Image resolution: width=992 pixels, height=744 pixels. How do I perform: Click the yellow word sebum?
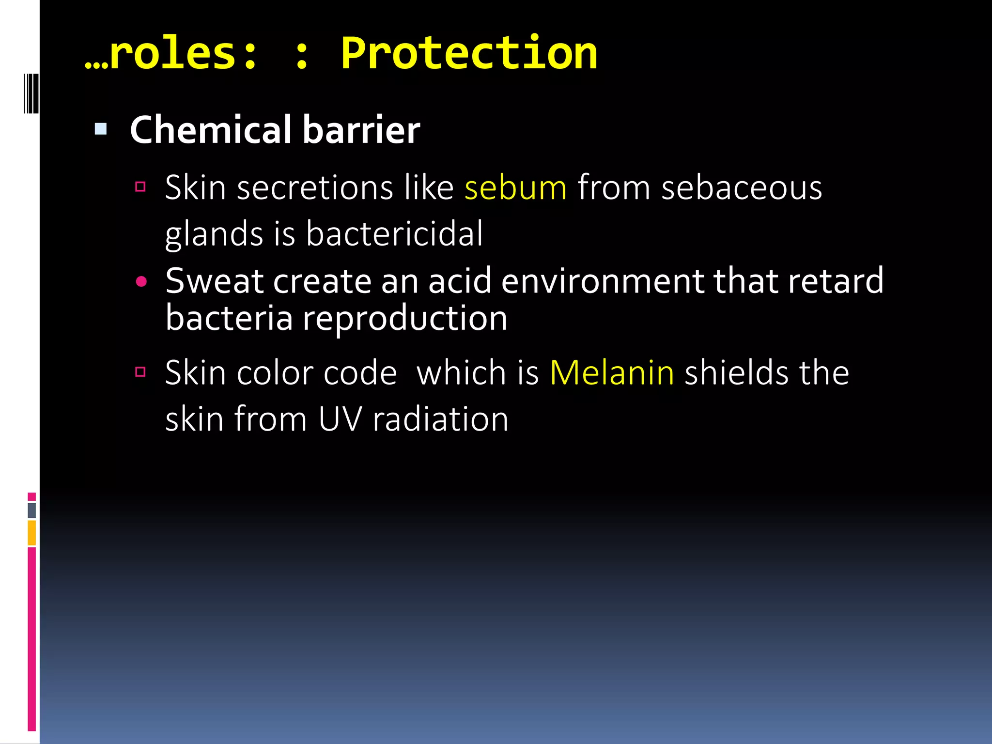pyautogui.click(x=515, y=187)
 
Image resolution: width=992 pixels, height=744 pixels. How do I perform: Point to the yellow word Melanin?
pyautogui.click(x=612, y=373)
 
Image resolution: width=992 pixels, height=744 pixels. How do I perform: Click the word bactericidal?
pyautogui.click(x=394, y=233)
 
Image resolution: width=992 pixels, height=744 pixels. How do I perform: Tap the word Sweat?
pyautogui.click(x=214, y=281)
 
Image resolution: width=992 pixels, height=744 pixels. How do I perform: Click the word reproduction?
pyautogui.click(x=405, y=319)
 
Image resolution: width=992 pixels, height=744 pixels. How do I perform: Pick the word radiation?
pyautogui.click(x=440, y=419)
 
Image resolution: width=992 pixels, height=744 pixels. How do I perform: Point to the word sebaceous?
pyautogui.click(x=742, y=187)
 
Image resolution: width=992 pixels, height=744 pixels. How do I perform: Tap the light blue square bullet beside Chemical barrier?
pyautogui.click(x=101, y=129)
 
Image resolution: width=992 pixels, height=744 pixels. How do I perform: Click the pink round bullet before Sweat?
pyautogui.click(x=141, y=282)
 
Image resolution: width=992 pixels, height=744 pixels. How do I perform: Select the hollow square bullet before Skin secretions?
pyautogui.click(x=140, y=186)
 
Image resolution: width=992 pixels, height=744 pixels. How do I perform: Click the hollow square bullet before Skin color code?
pyautogui.click(x=140, y=372)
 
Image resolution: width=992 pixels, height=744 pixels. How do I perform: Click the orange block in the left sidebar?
pyautogui.click(x=32, y=533)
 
